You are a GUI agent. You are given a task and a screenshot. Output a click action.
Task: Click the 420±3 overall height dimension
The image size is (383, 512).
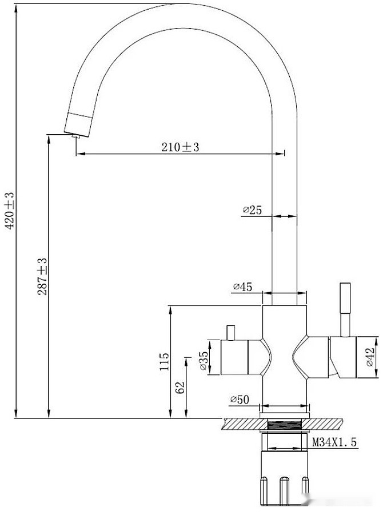[9, 211]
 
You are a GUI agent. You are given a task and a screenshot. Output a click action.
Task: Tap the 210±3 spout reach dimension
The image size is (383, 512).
[179, 147]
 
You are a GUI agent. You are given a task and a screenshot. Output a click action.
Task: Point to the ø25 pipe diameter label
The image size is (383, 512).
[252, 211]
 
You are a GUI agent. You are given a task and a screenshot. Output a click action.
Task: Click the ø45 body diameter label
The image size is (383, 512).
[243, 287]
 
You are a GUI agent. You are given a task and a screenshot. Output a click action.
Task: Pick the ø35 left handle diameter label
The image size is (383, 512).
[203, 361]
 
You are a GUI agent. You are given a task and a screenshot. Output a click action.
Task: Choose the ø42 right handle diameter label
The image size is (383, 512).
[370, 357]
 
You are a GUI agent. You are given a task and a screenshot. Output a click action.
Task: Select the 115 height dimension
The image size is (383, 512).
[164, 361]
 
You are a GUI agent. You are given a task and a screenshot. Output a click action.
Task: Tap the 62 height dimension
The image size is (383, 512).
[180, 387]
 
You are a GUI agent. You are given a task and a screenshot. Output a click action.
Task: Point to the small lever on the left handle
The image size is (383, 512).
[231, 332]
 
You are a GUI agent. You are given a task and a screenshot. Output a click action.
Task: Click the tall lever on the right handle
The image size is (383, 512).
[345, 308]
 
